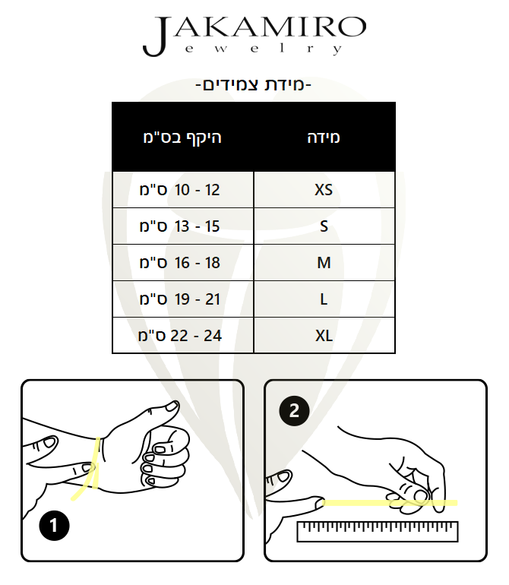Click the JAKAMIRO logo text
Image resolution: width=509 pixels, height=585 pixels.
(x=254, y=36)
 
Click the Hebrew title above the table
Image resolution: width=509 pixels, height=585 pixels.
(x=254, y=85)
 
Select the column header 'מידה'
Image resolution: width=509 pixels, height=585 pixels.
(x=324, y=138)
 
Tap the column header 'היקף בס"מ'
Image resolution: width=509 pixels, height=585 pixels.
(x=182, y=138)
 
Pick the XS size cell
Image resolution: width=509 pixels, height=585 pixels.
(x=324, y=189)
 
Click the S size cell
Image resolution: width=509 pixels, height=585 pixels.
(x=324, y=226)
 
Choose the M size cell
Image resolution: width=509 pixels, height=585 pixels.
(x=324, y=263)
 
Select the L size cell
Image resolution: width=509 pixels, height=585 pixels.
(x=324, y=299)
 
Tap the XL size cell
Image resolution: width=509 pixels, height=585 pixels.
(x=324, y=335)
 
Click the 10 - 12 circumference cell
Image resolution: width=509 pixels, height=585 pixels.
(x=183, y=189)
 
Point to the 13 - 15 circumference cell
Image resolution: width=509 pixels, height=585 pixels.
(x=183, y=226)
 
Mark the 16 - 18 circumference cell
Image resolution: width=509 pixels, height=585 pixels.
(x=183, y=263)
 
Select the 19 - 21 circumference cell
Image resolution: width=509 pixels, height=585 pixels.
(x=183, y=299)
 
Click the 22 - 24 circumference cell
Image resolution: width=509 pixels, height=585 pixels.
(x=183, y=335)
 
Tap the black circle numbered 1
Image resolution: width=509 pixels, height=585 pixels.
(x=54, y=525)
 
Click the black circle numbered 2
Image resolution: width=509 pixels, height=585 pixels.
(x=294, y=411)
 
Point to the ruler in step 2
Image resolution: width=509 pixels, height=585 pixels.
(x=378, y=532)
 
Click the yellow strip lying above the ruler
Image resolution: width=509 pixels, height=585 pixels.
(x=390, y=503)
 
